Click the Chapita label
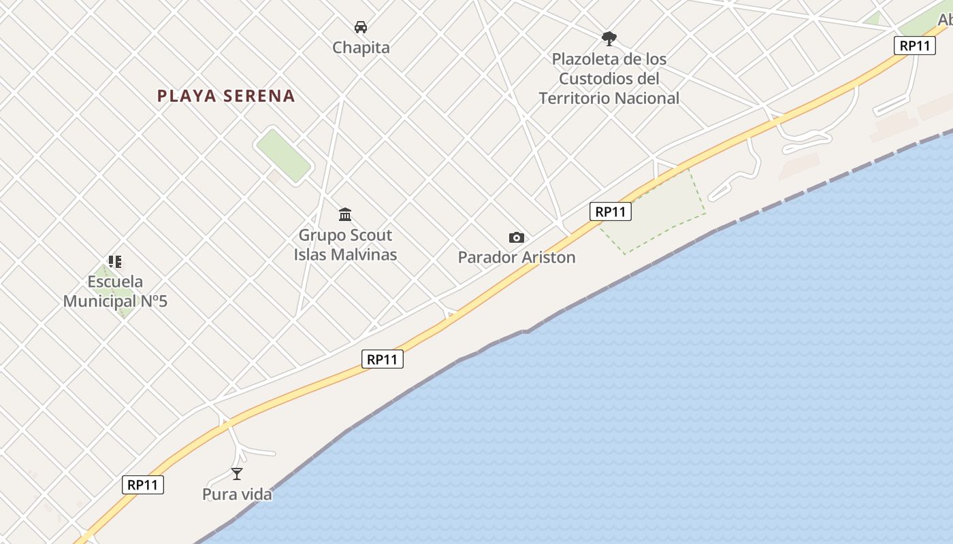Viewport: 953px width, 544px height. pos(361,48)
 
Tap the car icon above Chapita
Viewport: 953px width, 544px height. pos(361,27)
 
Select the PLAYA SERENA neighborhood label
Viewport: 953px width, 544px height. pos(226,96)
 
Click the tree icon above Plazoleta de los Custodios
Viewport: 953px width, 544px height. pos(609,38)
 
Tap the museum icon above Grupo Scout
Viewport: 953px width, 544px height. pos(345,215)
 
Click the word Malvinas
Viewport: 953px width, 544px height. pos(365,254)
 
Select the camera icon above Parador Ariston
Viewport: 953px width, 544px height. pos(517,237)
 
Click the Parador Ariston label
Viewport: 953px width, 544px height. pos(517,257)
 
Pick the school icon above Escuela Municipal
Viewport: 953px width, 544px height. pos(115,261)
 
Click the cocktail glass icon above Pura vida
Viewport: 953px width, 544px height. pos(237,474)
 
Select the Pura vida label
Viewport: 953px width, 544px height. pos(237,494)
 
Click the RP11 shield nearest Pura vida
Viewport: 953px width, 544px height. pos(143,485)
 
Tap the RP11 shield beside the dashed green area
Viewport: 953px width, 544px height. pos(610,211)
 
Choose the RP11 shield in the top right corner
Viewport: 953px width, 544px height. pos(914,46)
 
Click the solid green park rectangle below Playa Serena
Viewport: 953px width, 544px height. pos(283,156)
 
